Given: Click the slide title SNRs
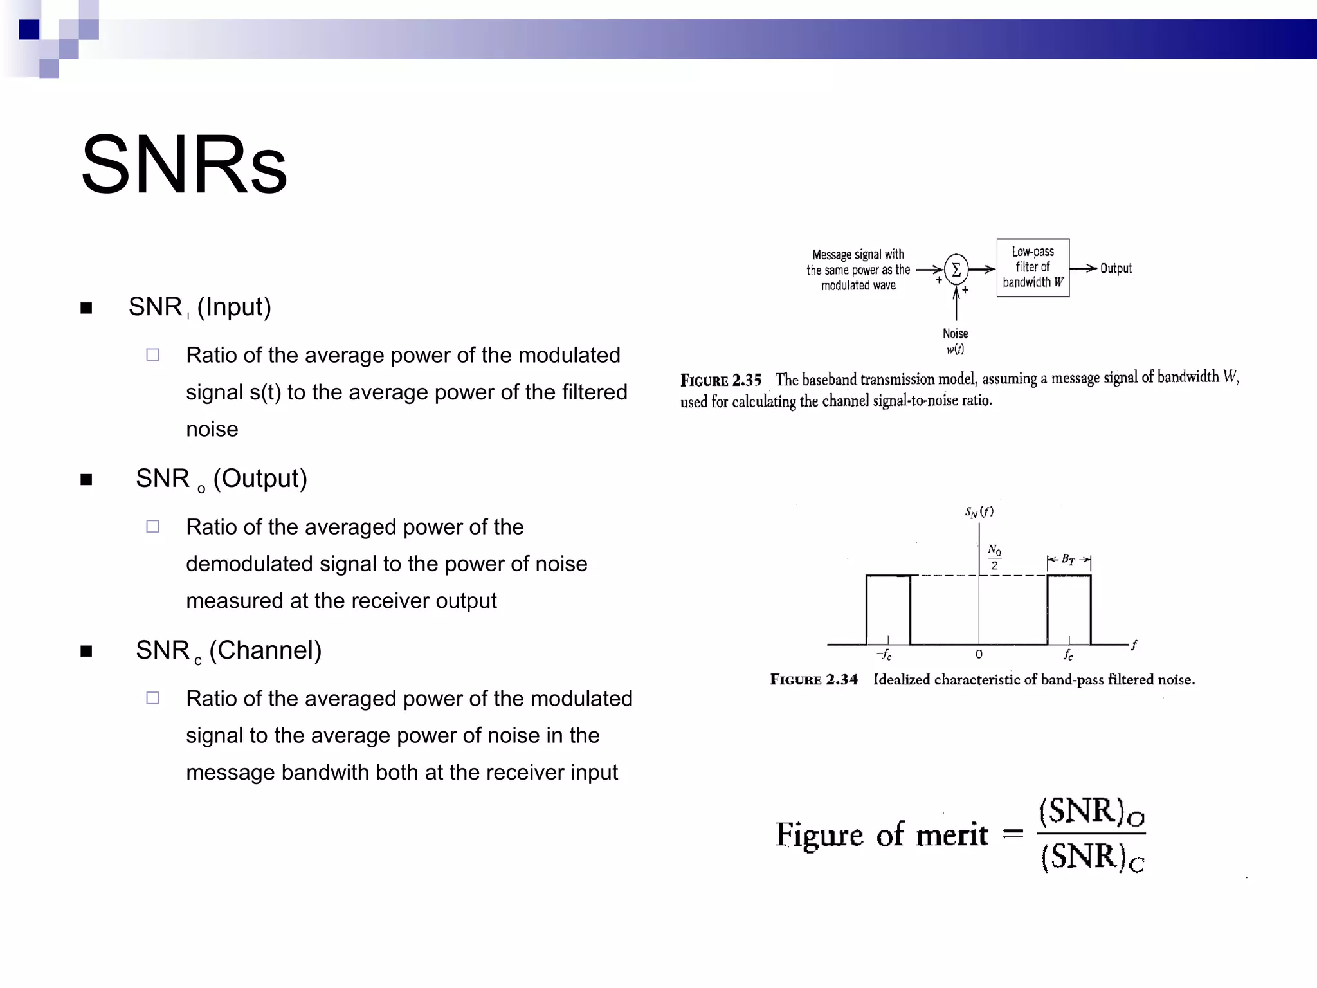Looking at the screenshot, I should [184, 165].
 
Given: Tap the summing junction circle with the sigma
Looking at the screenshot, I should [956, 270].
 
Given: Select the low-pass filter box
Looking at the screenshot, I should [1033, 268].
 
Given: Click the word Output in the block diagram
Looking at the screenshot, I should [1116, 269].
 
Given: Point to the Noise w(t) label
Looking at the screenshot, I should [955, 341].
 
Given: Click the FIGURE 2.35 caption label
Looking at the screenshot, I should [721, 380].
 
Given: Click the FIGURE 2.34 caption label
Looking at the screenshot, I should [813, 680].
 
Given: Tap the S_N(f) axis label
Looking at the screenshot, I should [979, 512].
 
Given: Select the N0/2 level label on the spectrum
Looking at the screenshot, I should [994, 557].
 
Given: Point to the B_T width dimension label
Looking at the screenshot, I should [1068, 560].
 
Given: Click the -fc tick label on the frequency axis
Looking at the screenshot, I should [884, 655].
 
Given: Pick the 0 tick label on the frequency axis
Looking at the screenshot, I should [979, 655].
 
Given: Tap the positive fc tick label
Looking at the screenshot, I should [1068, 655].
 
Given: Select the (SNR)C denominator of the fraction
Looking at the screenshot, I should [1092, 857].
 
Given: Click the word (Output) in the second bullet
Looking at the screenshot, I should [260, 479].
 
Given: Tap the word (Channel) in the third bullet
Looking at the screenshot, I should [265, 650].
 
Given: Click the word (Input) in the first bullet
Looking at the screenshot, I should [234, 307].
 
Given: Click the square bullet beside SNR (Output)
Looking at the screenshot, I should [87, 480].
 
